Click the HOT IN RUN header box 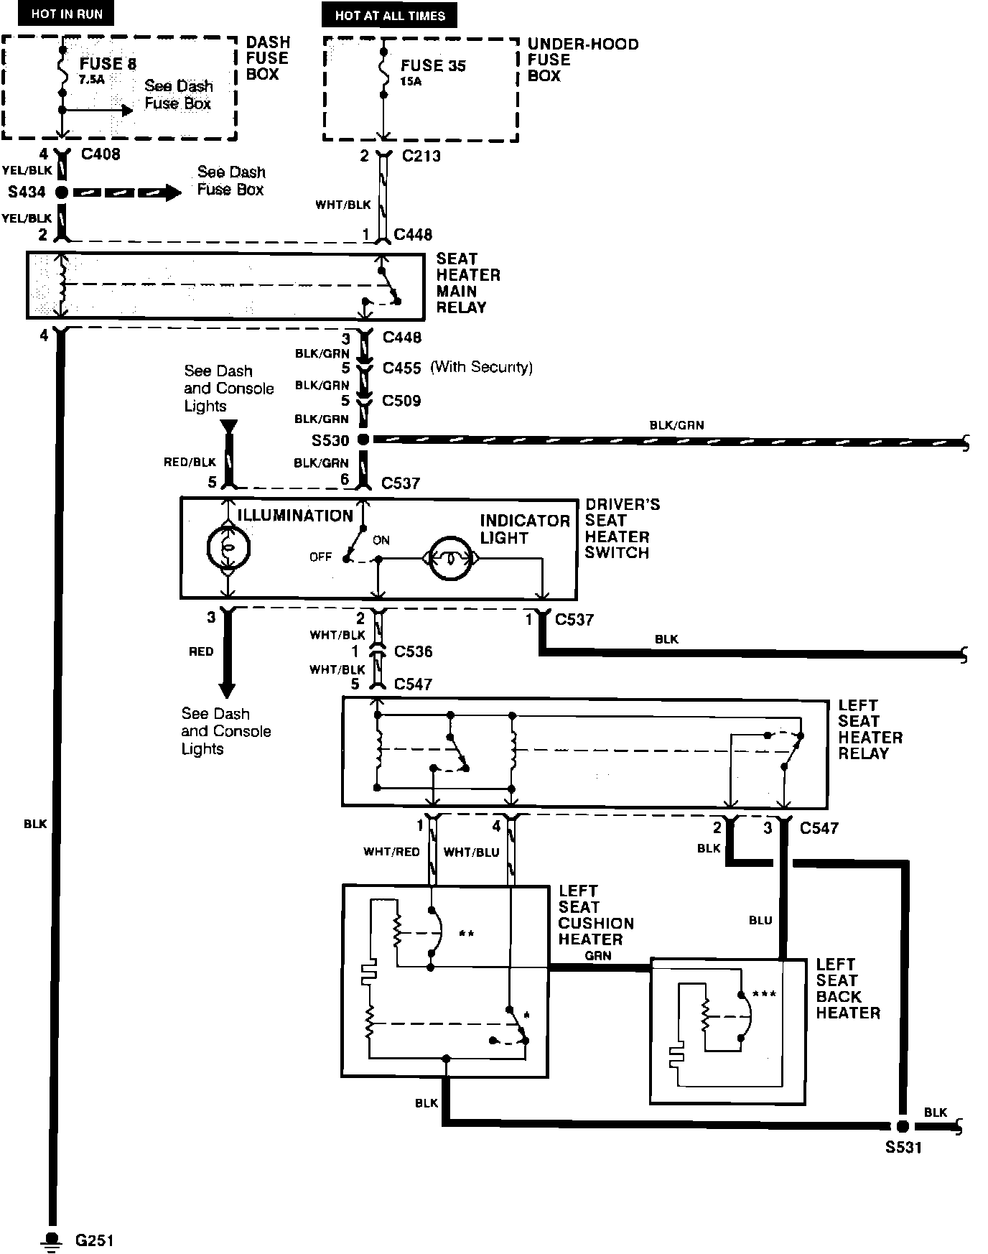point(67,14)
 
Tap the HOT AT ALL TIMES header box point(390,15)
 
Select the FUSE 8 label point(108,64)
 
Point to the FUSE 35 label point(433,65)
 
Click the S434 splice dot point(62,192)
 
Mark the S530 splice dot point(363,440)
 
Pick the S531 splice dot point(903,1126)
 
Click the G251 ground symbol point(52,1240)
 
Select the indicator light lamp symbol point(450,557)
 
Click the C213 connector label point(421,156)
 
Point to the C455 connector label point(401,368)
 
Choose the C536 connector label point(413,652)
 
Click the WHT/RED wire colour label point(391,852)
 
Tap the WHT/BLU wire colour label point(471,852)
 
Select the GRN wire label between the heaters point(597,956)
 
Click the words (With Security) point(481,368)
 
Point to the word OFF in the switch point(320,557)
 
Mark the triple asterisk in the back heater point(764,995)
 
